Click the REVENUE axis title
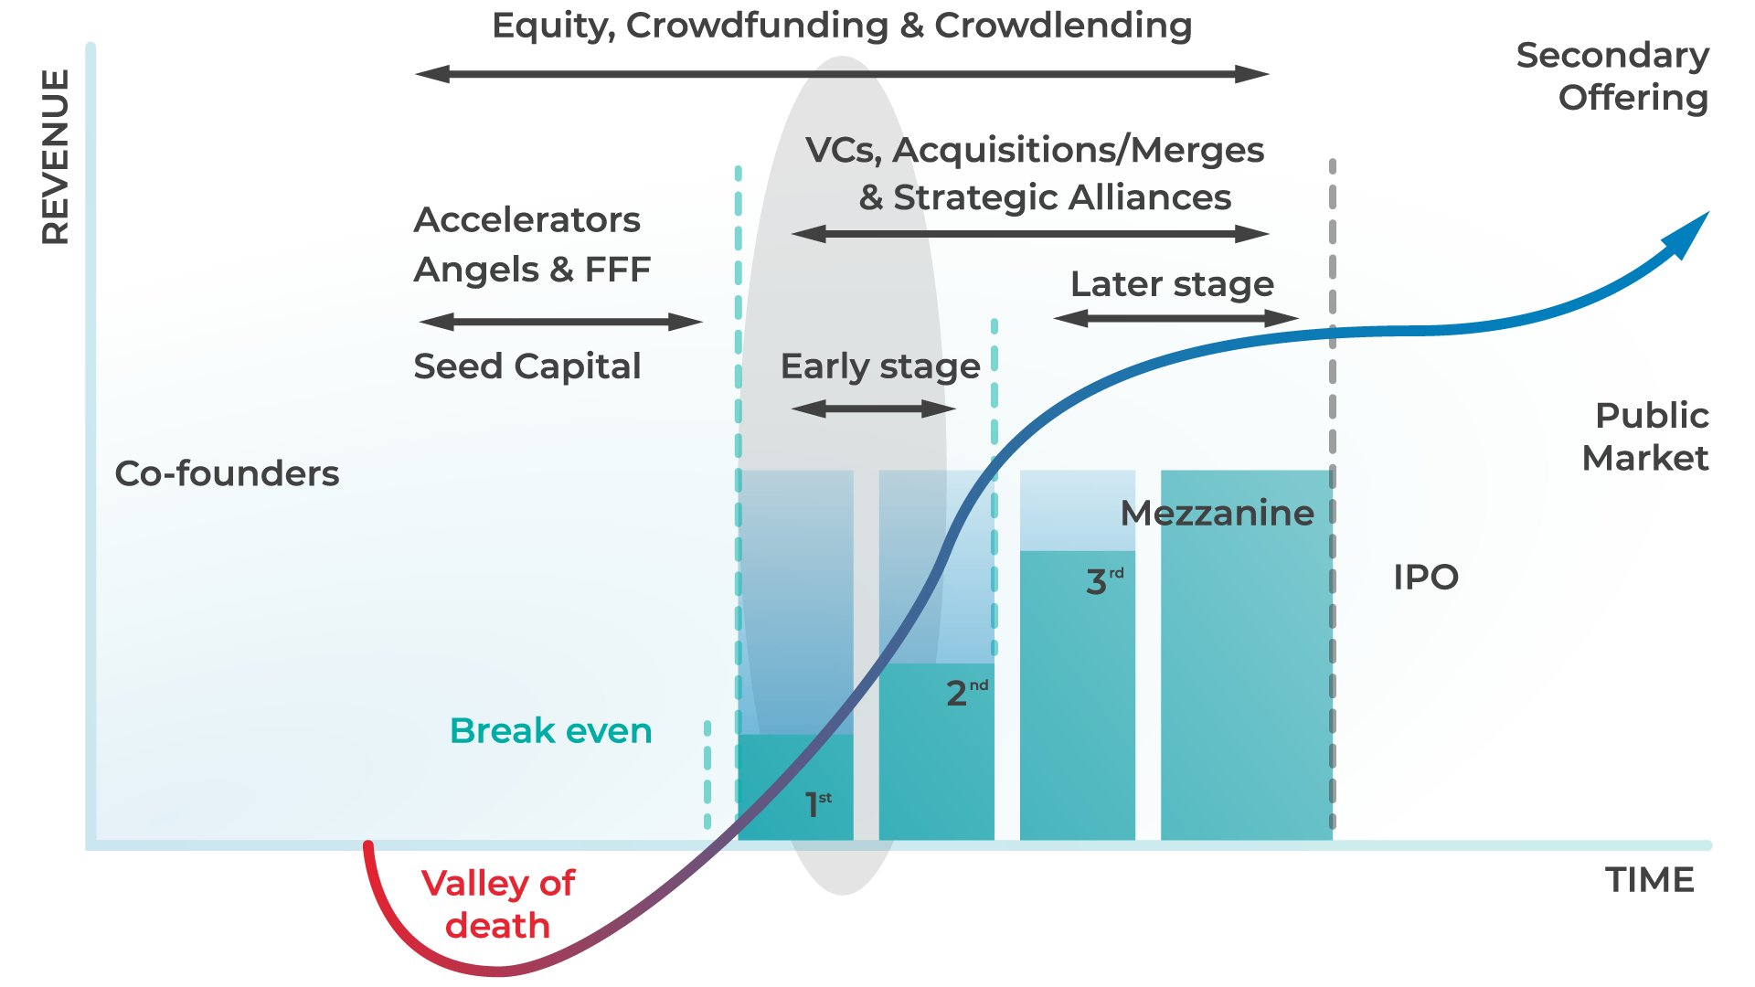point(55,157)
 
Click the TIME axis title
point(1650,880)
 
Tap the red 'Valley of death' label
point(498,905)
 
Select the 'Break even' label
point(550,731)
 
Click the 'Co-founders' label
point(227,473)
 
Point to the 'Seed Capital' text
point(527,366)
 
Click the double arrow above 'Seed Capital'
point(560,322)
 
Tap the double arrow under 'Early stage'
point(874,409)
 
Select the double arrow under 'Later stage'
point(1175,318)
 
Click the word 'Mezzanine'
point(1217,514)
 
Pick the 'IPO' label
point(1426,578)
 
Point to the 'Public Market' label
point(1646,437)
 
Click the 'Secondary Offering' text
point(1613,77)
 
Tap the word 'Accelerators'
point(527,220)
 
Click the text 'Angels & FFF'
point(532,270)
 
